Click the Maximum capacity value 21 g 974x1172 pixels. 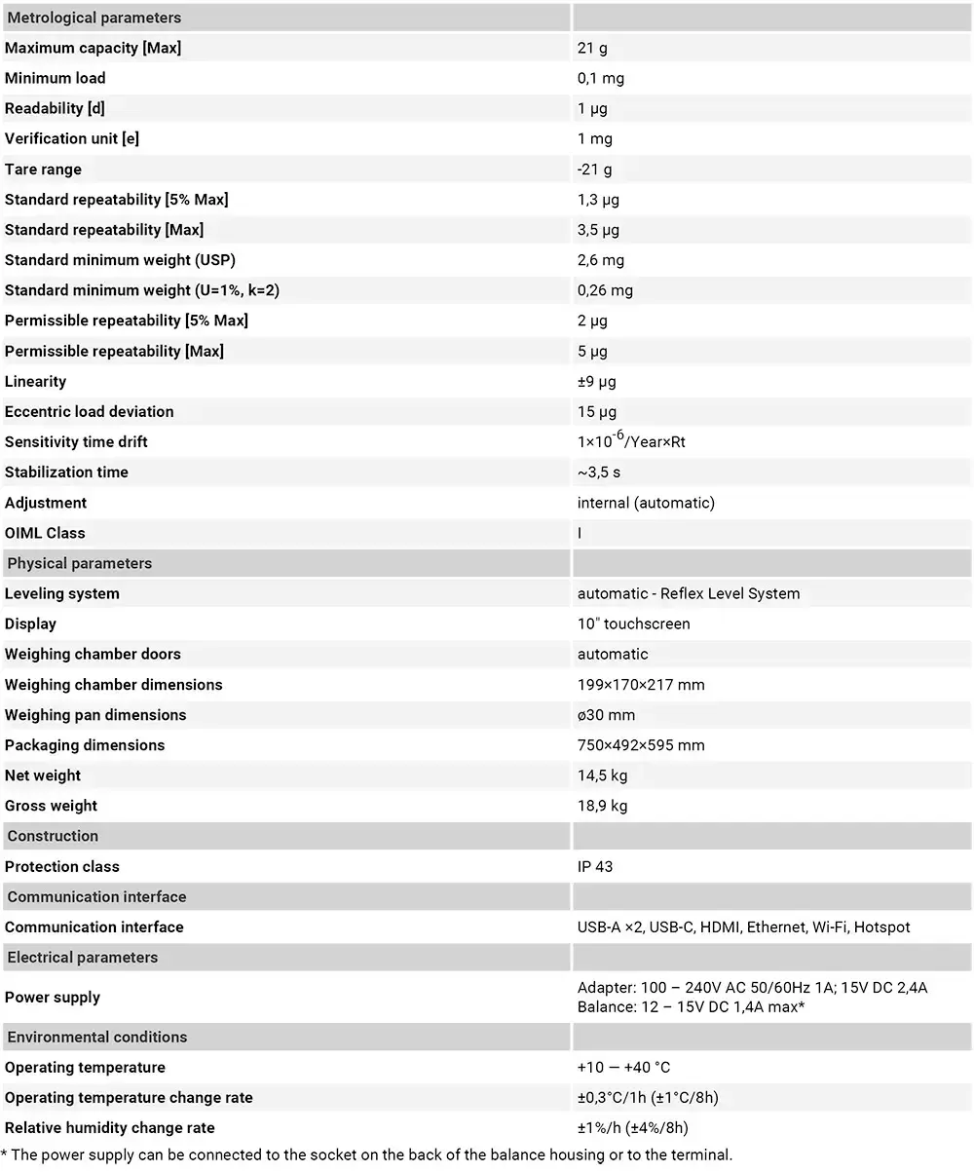tap(592, 48)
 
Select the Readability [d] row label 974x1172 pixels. tap(55, 108)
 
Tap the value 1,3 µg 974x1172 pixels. tap(598, 200)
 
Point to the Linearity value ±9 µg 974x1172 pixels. tap(596, 382)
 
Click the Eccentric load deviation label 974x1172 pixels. tap(89, 412)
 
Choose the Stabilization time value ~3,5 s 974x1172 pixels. tap(599, 473)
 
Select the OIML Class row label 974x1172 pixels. tap(45, 533)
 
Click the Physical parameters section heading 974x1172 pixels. tap(79, 563)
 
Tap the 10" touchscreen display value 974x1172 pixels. tap(633, 624)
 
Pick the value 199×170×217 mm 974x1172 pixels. tap(641, 685)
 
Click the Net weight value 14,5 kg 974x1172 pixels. tap(602, 775)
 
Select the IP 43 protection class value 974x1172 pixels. tap(595, 866)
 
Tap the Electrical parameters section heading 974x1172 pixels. tap(82, 957)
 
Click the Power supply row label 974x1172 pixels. tap(53, 997)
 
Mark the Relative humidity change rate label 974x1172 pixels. tap(110, 1128)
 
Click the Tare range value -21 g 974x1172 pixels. tap(594, 170)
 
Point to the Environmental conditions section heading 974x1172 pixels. tap(96, 1037)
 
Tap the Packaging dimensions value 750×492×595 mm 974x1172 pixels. tap(641, 745)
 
